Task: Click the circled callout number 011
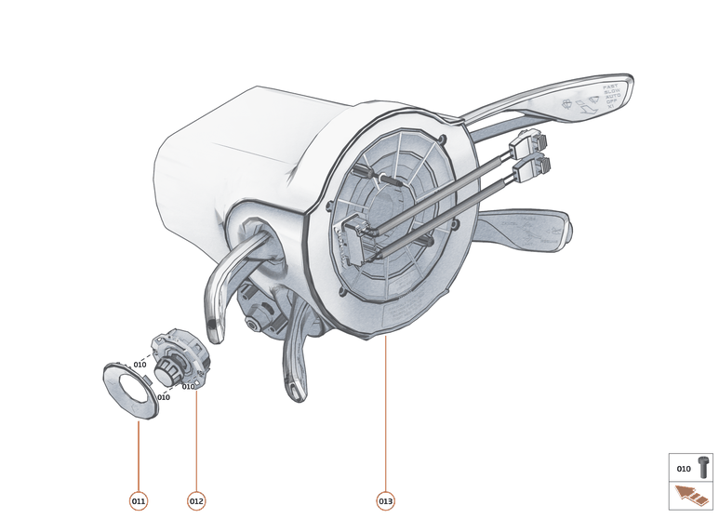pos(138,501)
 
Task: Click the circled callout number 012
pos(195,501)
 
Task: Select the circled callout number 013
pos(385,501)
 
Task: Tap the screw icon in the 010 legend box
pos(702,468)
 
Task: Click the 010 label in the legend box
pos(684,469)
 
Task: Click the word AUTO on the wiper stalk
pos(611,97)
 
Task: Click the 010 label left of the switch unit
pos(140,364)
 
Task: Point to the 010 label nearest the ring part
pos(163,397)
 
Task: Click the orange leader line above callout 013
pos(385,409)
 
